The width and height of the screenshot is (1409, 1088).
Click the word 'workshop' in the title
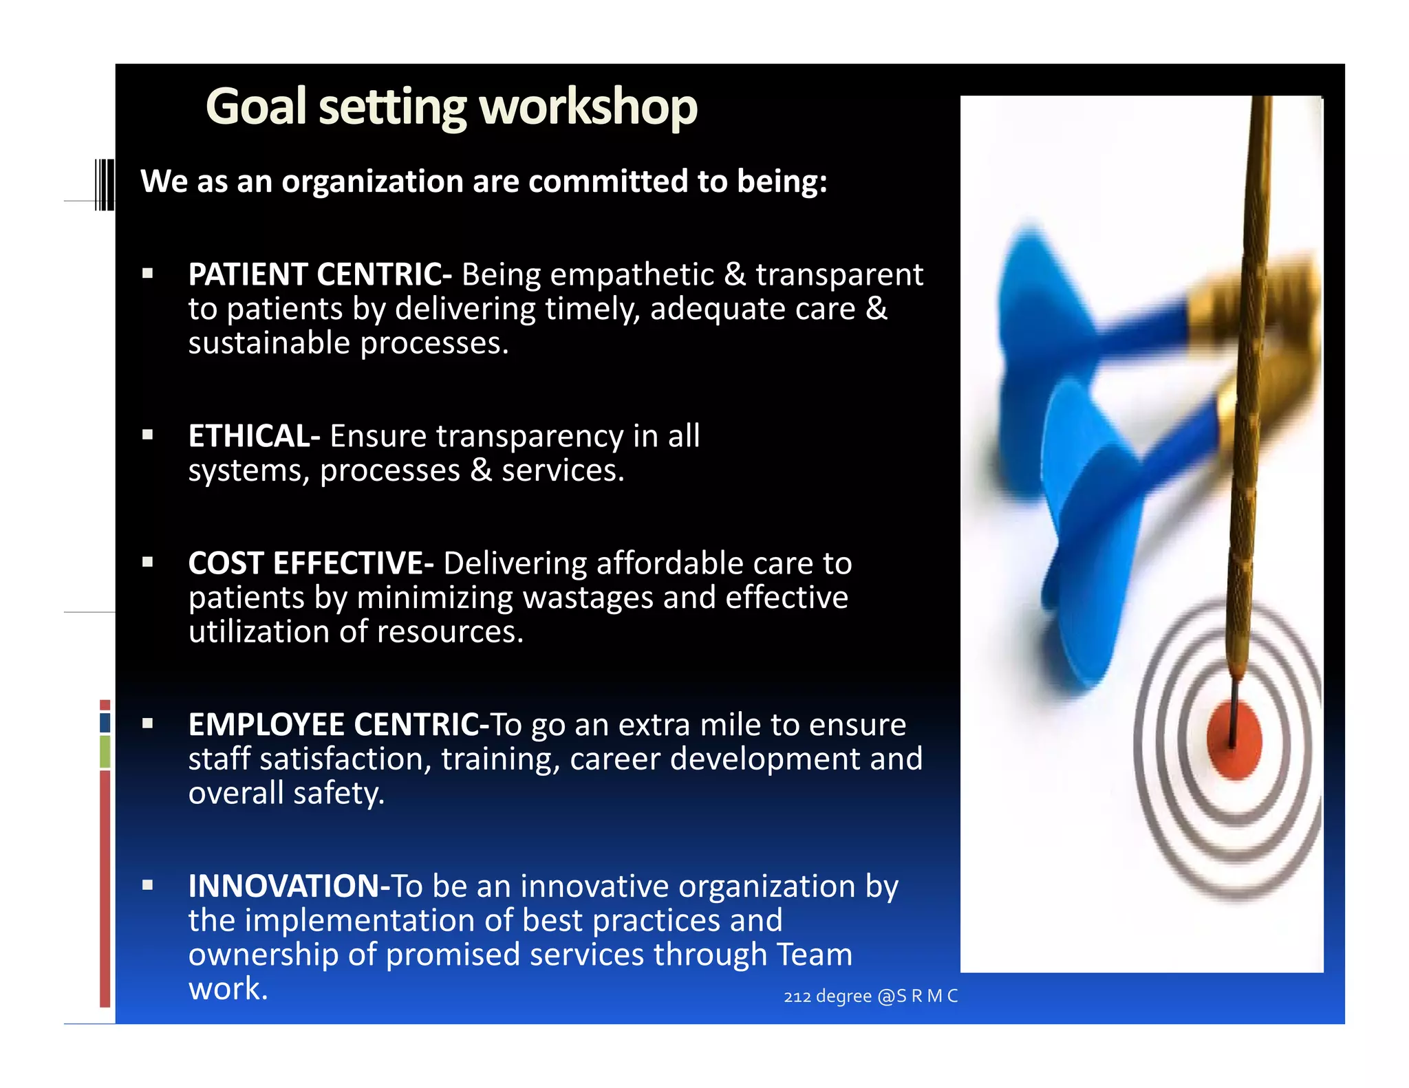pyautogui.click(x=588, y=108)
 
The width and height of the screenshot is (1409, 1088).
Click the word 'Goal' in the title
pyautogui.click(x=256, y=108)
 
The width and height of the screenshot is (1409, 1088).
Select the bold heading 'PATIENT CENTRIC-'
pyautogui.click(x=320, y=275)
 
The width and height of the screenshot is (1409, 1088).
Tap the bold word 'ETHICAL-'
pyautogui.click(x=254, y=437)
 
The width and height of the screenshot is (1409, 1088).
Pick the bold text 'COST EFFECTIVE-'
pyautogui.click(x=311, y=564)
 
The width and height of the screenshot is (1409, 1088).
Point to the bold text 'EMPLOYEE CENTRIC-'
pyautogui.click(x=338, y=726)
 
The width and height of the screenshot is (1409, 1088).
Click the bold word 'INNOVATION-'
pyautogui.click(x=289, y=886)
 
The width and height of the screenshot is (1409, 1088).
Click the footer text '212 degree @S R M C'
pyautogui.click(x=870, y=997)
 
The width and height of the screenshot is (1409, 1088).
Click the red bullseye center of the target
pyautogui.click(x=1234, y=740)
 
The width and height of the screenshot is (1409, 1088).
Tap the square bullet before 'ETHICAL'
pyautogui.click(x=147, y=435)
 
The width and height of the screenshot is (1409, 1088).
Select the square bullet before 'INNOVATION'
pyautogui.click(x=147, y=886)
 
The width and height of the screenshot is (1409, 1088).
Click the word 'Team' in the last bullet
pyautogui.click(x=815, y=955)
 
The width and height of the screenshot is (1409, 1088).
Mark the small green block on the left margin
pyautogui.click(x=105, y=752)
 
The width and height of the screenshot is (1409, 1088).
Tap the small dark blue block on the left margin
pyautogui.click(x=105, y=723)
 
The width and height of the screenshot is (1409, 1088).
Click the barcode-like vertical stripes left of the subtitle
pyautogui.click(x=105, y=184)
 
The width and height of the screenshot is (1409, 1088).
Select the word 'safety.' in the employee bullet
pyautogui.click(x=338, y=794)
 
